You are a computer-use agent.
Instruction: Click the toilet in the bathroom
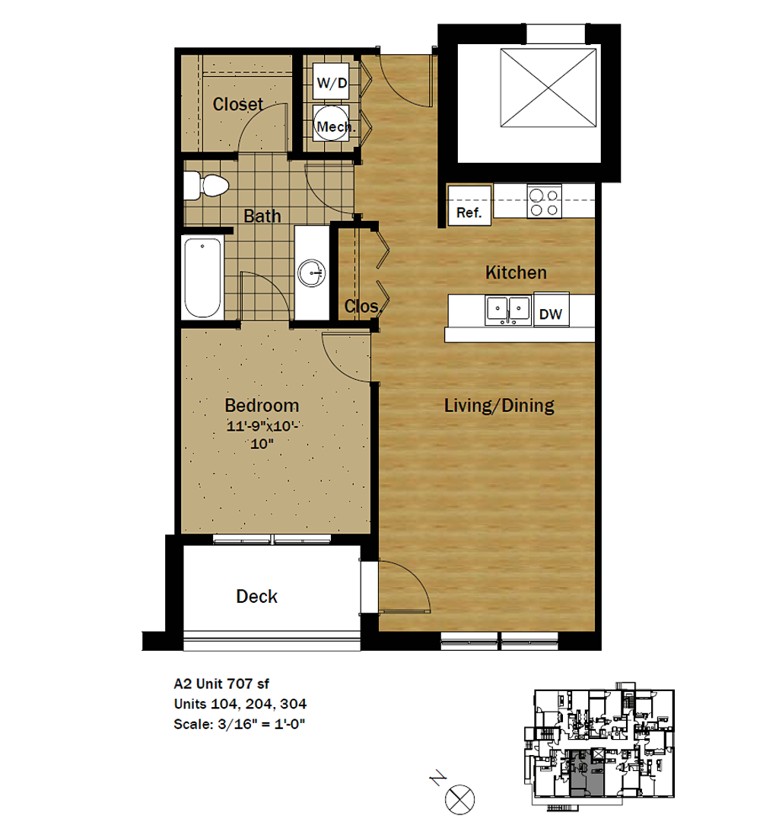(206, 186)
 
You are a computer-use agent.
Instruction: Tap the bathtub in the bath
(203, 278)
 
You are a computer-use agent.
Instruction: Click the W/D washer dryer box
(331, 82)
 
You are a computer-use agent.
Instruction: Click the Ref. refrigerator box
(469, 205)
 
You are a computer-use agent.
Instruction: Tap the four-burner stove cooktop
(544, 201)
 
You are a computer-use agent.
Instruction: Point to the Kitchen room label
(516, 272)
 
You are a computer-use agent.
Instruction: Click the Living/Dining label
(499, 406)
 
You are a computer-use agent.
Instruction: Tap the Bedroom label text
(262, 405)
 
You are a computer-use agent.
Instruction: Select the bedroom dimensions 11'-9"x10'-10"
(262, 435)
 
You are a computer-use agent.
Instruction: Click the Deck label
(257, 596)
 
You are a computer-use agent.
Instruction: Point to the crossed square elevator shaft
(548, 88)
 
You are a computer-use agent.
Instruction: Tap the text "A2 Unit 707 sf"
(221, 683)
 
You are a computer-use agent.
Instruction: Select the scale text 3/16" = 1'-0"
(261, 724)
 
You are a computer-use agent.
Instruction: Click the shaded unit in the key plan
(587, 773)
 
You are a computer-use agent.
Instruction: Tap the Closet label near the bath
(238, 104)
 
